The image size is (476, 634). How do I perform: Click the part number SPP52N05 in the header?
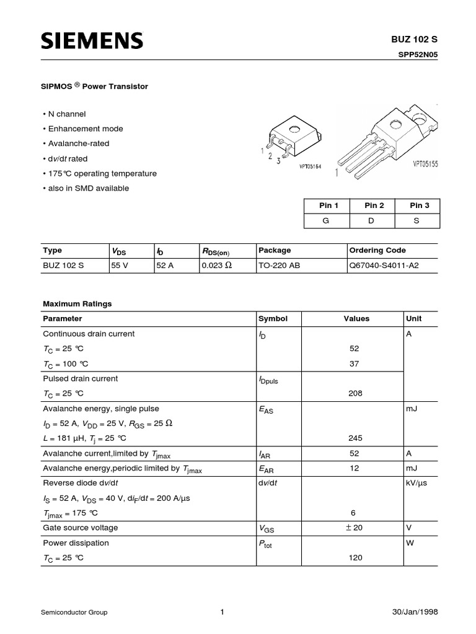tap(418, 54)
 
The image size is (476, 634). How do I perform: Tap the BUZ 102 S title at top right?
tap(418, 40)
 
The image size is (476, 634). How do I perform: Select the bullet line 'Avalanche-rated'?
tap(78, 144)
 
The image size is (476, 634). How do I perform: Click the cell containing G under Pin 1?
tap(326, 221)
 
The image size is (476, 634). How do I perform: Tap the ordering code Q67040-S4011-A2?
tap(385, 266)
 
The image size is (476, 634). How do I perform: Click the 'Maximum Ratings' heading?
tap(77, 304)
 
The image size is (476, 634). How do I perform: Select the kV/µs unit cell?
tap(419, 483)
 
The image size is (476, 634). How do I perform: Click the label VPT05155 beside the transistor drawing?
tap(426, 165)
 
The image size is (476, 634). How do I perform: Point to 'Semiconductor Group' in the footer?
tap(74, 612)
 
